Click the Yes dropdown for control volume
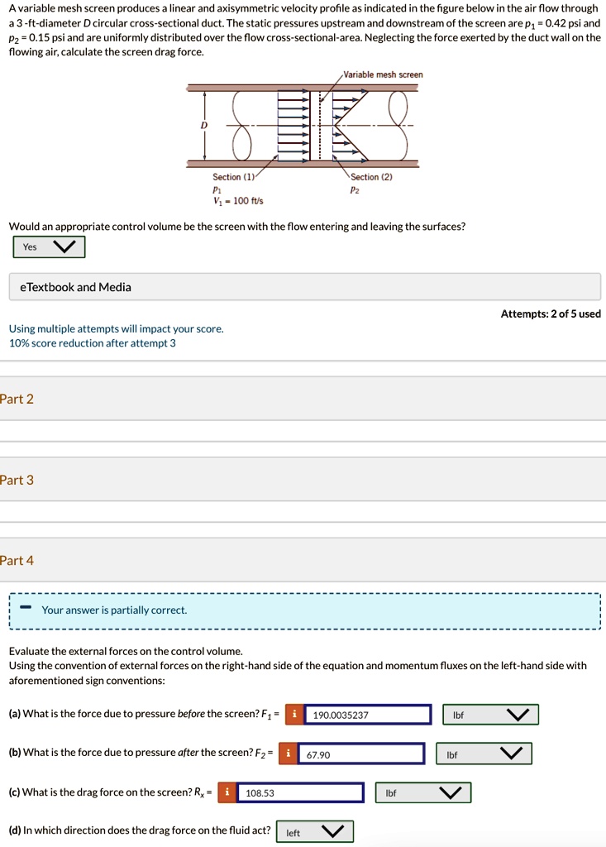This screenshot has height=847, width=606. pos(49,246)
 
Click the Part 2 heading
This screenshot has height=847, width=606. pos(17,400)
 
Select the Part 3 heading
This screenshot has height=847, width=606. pos(17,480)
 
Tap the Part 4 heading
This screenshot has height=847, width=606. pos(17,561)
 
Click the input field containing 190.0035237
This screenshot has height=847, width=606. pos(368,715)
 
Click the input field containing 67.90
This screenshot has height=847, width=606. pos(361,754)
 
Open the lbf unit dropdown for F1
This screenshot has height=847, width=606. pos(490,715)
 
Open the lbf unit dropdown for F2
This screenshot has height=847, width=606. pos(484,754)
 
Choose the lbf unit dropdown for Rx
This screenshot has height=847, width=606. pos(423,793)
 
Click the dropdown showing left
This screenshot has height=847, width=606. pos(314,832)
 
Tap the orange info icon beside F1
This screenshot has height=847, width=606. pos(294,715)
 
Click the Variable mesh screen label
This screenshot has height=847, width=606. pos(388,74)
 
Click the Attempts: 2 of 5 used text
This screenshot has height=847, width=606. pos(551,313)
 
